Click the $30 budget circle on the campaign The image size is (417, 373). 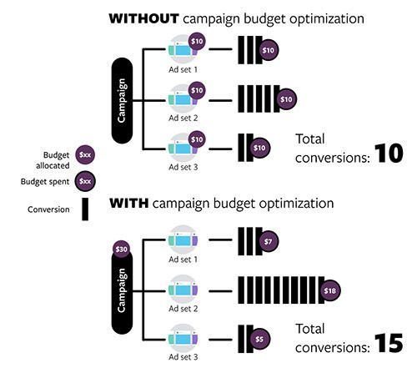[x=121, y=248]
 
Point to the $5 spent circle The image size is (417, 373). [x=259, y=340]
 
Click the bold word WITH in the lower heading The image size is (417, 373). [x=128, y=203]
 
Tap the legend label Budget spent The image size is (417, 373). [x=50, y=179]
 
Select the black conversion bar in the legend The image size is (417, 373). [x=85, y=209]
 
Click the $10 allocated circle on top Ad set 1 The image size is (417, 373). [x=198, y=39]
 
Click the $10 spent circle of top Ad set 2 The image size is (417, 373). [x=286, y=100]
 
